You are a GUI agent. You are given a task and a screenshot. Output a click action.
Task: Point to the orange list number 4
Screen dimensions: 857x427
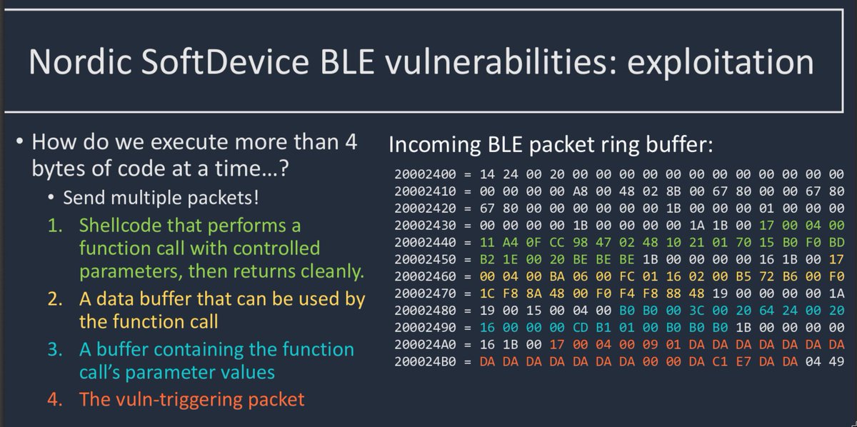(x=55, y=399)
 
